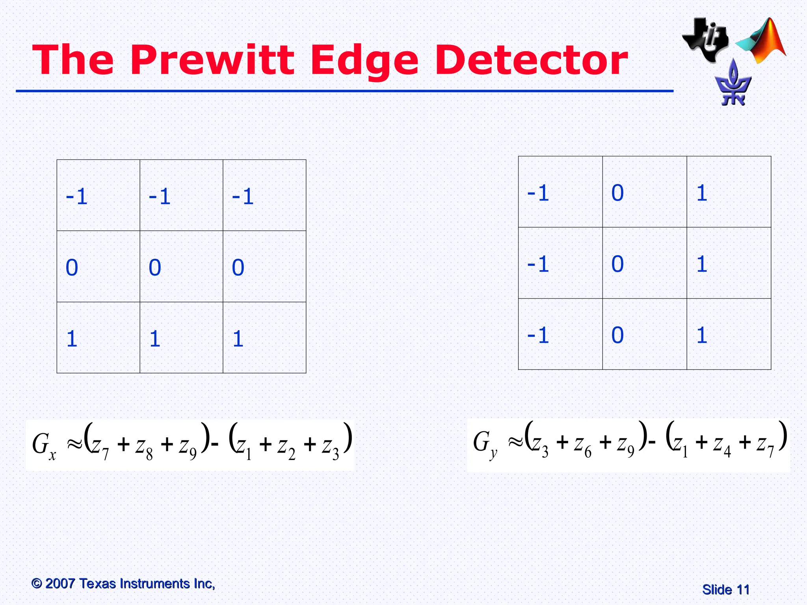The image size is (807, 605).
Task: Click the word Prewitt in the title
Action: pos(212,60)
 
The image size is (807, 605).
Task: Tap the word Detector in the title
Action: pos(531,60)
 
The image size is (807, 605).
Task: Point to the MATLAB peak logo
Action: pos(762,41)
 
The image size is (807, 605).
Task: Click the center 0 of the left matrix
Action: pos(155,268)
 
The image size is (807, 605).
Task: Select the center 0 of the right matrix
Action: pos(617,264)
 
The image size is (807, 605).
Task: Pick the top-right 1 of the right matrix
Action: pos(702,193)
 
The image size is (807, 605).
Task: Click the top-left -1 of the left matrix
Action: pos(77,197)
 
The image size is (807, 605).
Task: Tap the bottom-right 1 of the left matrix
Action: pos(238,339)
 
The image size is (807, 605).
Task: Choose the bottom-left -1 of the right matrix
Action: pos(538,335)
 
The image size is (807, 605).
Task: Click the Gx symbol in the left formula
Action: pos(44,445)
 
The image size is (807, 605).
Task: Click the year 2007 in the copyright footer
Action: pos(60,583)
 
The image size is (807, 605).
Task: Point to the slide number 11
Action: pos(743,590)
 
